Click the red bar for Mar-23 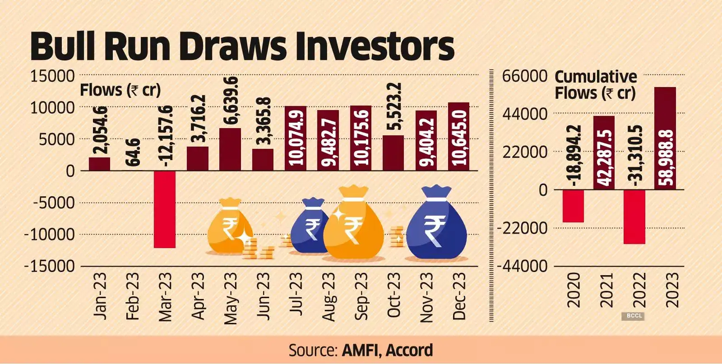(x=164, y=209)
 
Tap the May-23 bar (x=230, y=149)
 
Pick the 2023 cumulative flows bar (x=665, y=138)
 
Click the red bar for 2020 (x=573, y=206)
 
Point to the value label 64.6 (x=133, y=153)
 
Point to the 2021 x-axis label (x=607, y=290)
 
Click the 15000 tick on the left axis (x=52, y=76)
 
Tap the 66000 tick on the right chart (x=525, y=76)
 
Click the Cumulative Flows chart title (x=595, y=85)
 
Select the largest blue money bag (x=436, y=226)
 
